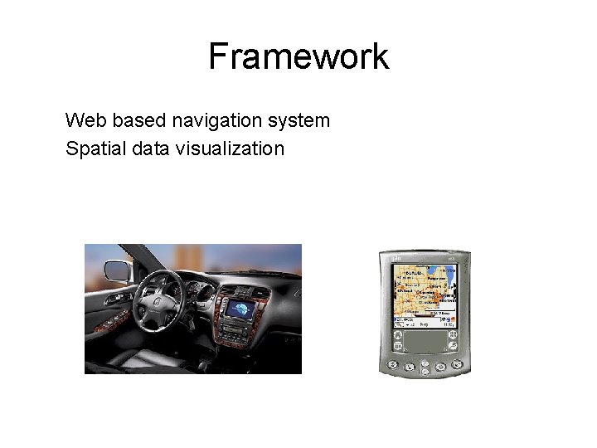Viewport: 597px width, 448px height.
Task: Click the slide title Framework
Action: click(x=298, y=56)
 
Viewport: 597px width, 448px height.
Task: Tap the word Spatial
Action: click(x=91, y=149)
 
